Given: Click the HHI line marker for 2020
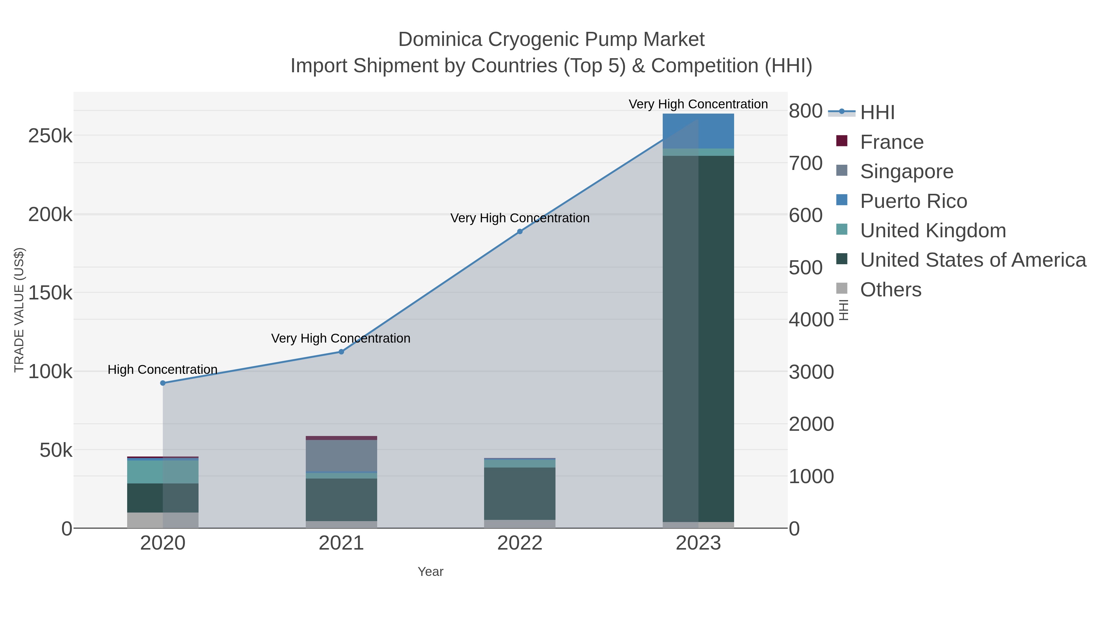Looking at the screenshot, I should click(x=163, y=383).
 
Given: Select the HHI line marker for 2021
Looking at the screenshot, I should click(x=341, y=352).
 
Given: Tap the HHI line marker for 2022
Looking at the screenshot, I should click(x=520, y=231).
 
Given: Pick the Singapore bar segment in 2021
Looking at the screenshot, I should click(x=341, y=455).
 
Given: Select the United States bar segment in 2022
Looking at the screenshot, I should click(x=520, y=493).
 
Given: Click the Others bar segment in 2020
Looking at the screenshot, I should click(x=163, y=520).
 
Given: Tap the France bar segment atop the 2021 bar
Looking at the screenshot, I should click(x=341, y=438).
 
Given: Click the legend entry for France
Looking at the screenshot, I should click(x=892, y=142).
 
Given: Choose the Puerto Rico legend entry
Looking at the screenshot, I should click(x=913, y=201).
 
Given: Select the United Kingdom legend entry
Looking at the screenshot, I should click(x=933, y=231).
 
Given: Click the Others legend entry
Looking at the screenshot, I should click(x=890, y=290).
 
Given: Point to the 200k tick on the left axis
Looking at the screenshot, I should click(x=50, y=214).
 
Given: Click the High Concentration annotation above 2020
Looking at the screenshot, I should click(x=162, y=369).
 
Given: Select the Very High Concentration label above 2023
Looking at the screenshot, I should click(x=698, y=104).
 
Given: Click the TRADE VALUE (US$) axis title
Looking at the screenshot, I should click(x=19, y=310).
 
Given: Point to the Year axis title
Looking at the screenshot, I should click(x=430, y=572).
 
